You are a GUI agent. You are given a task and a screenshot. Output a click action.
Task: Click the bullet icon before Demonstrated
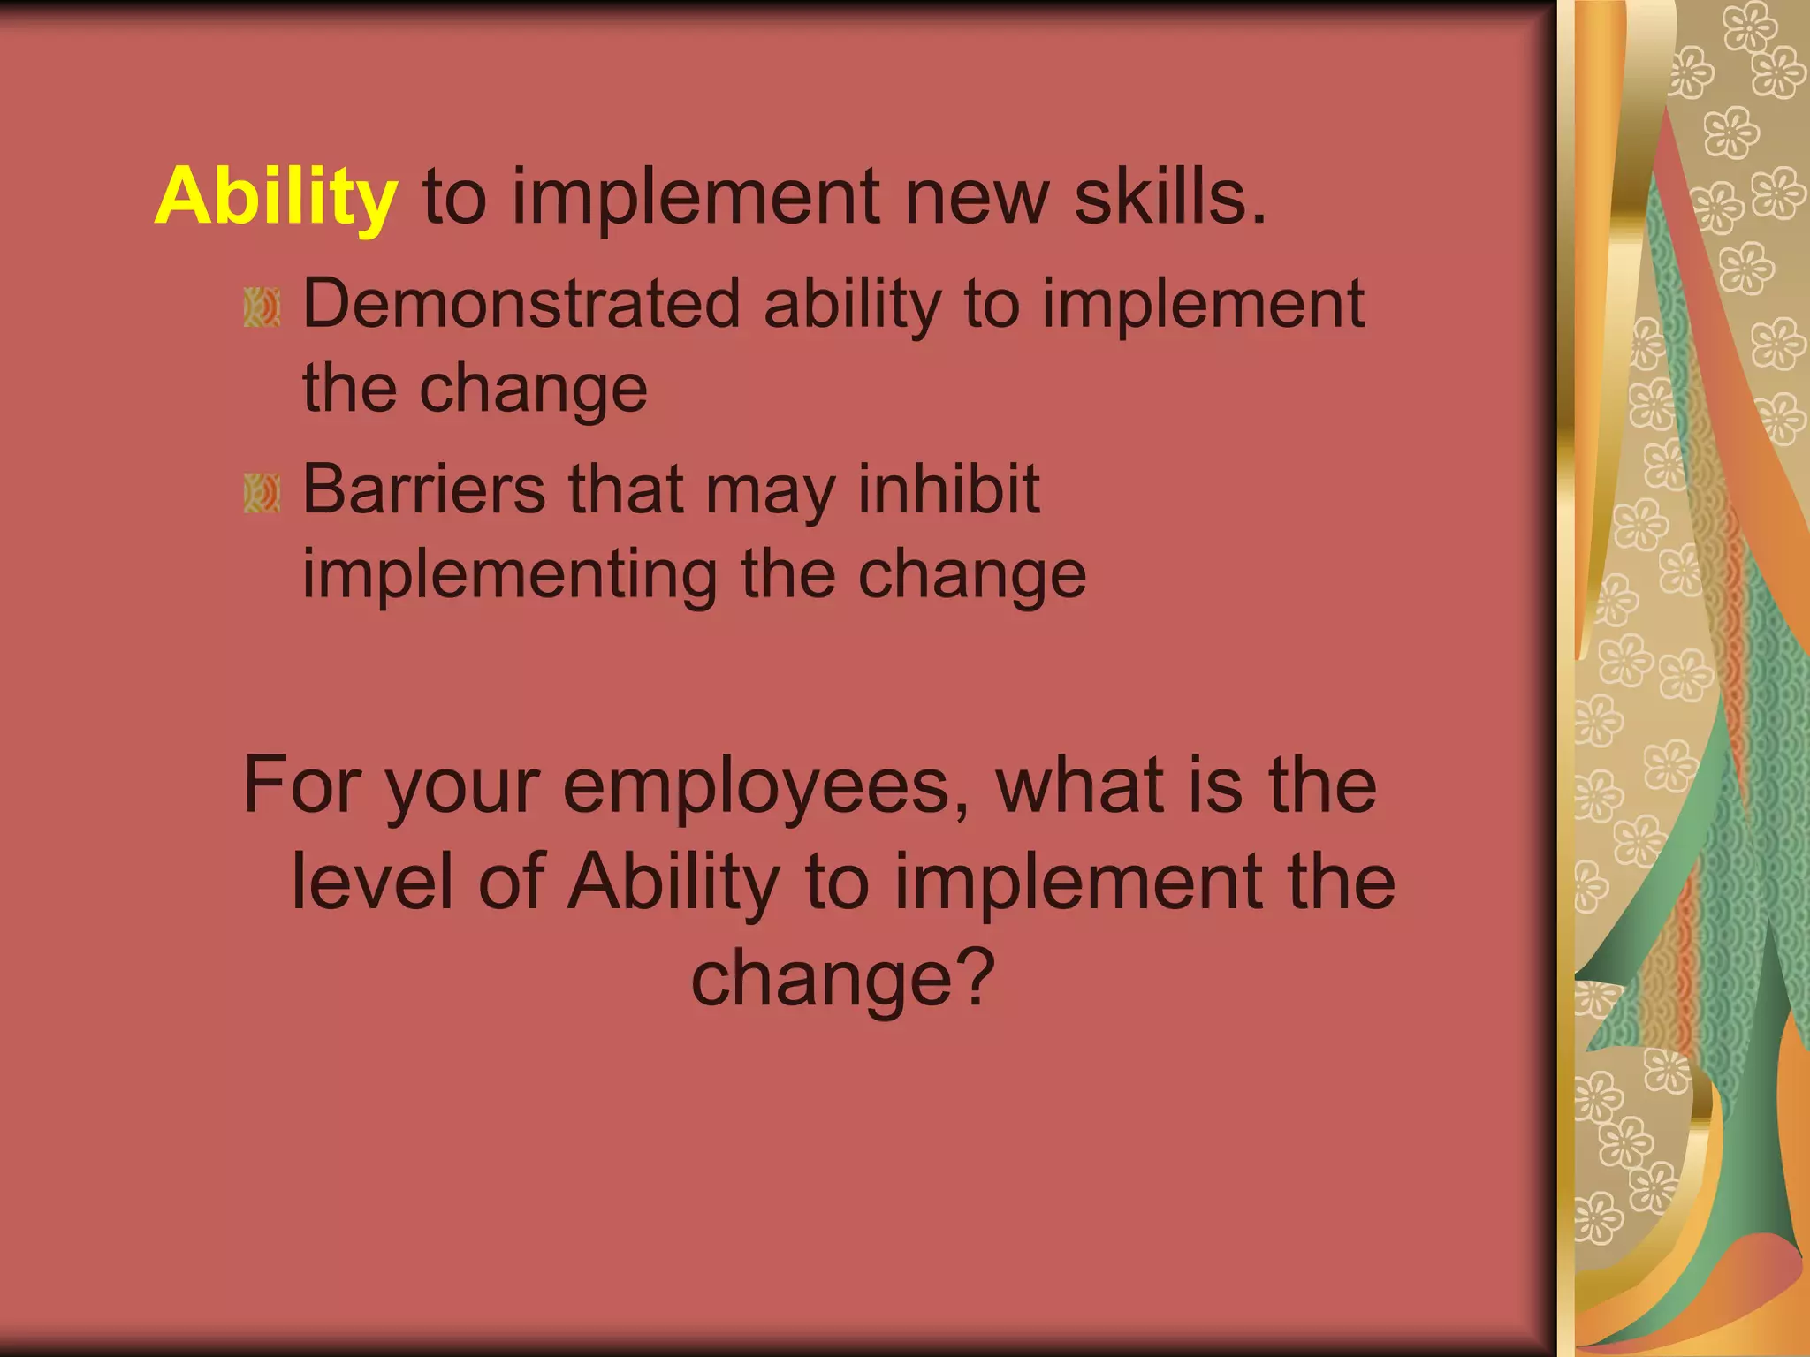pyautogui.click(x=262, y=307)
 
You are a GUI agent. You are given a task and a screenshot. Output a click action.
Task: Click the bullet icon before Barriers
pyautogui.click(x=262, y=493)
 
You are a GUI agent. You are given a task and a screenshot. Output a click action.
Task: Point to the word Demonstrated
pyautogui.click(x=521, y=304)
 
